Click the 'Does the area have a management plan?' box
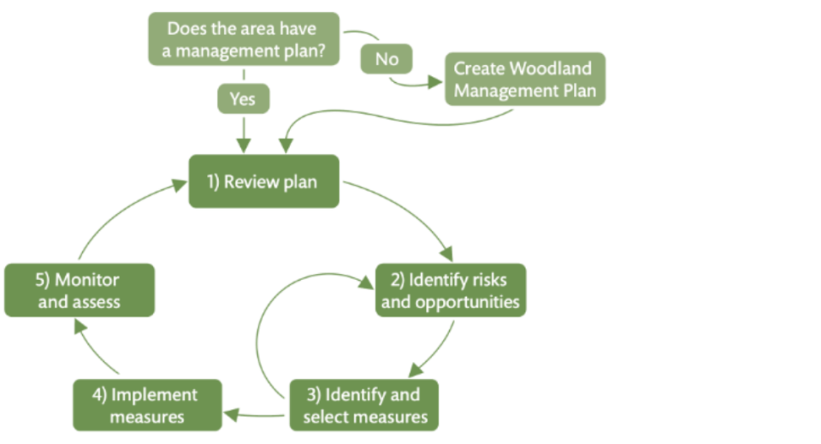tap(244, 38)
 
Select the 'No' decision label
tap(387, 60)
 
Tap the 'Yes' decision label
tap(242, 98)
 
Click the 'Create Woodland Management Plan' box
tap(525, 79)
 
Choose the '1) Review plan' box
tap(264, 181)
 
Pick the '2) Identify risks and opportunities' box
tap(450, 290)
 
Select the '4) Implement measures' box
tap(147, 406)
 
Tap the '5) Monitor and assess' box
tap(80, 290)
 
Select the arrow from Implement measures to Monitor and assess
tap(90, 351)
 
